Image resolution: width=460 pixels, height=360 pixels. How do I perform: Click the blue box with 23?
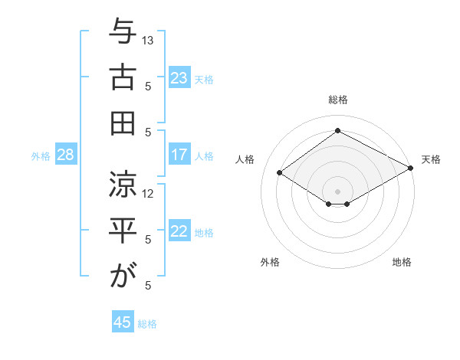point(179,77)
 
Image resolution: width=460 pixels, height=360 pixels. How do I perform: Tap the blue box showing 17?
point(179,155)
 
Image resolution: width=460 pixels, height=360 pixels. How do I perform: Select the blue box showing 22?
point(179,231)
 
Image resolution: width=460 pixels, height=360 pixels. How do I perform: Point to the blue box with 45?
point(123,322)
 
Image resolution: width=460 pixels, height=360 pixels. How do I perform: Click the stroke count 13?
point(149,40)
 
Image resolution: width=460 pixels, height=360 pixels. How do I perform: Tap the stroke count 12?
point(149,193)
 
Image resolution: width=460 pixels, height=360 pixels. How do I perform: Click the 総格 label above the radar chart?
point(337,100)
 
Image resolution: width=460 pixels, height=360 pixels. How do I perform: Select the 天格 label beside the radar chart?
point(431,159)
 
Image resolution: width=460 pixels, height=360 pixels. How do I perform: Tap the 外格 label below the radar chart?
point(270,262)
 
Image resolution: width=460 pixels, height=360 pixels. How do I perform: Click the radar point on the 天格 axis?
point(411,169)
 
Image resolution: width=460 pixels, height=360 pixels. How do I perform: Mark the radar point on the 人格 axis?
point(280,173)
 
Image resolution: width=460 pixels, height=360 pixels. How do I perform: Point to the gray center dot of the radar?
point(337,190)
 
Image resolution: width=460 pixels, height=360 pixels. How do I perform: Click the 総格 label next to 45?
point(147,324)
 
